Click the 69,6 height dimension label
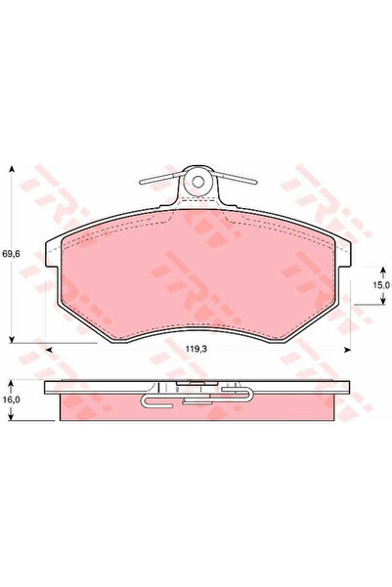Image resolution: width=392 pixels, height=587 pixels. click(x=11, y=254)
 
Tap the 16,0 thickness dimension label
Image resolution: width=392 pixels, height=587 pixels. click(x=11, y=398)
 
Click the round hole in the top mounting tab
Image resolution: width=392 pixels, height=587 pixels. click(x=196, y=180)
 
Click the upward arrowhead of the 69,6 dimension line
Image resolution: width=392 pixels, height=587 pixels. click(x=12, y=169)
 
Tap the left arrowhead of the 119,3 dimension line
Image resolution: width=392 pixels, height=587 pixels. click(x=46, y=346)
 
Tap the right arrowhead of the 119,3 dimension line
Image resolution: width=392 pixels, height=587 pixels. click(x=347, y=346)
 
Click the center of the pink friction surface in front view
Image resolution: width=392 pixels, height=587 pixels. click(x=196, y=278)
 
